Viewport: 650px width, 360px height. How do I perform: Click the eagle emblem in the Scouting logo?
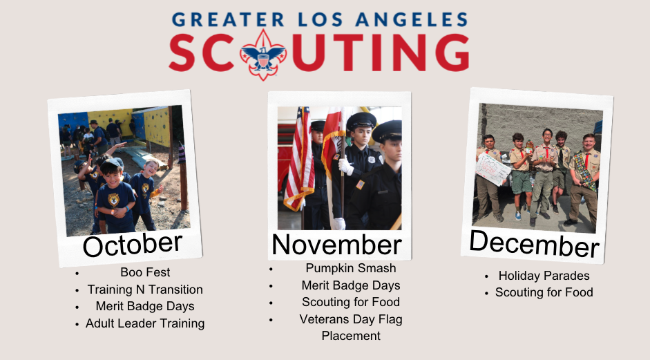(x=263, y=55)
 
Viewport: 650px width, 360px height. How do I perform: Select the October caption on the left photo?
(x=132, y=245)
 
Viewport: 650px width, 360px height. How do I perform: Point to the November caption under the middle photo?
(x=336, y=245)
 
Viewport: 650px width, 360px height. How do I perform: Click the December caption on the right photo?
(x=535, y=244)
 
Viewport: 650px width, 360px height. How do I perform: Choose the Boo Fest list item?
(x=145, y=272)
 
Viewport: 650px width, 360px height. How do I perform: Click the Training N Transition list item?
(x=145, y=289)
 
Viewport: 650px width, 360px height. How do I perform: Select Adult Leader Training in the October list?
(x=145, y=323)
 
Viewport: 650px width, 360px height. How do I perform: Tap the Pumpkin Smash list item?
(x=351, y=268)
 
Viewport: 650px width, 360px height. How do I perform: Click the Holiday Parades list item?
(x=544, y=276)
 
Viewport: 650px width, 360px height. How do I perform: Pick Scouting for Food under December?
(x=544, y=292)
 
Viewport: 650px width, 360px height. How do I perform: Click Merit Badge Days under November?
(x=351, y=285)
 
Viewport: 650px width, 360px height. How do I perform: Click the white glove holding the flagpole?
(x=345, y=167)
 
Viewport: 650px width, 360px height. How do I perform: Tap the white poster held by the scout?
(x=492, y=169)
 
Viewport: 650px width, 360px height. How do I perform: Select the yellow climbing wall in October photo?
(x=157, y=126)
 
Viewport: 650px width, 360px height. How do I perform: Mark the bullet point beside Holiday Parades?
(x=487, y=276)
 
